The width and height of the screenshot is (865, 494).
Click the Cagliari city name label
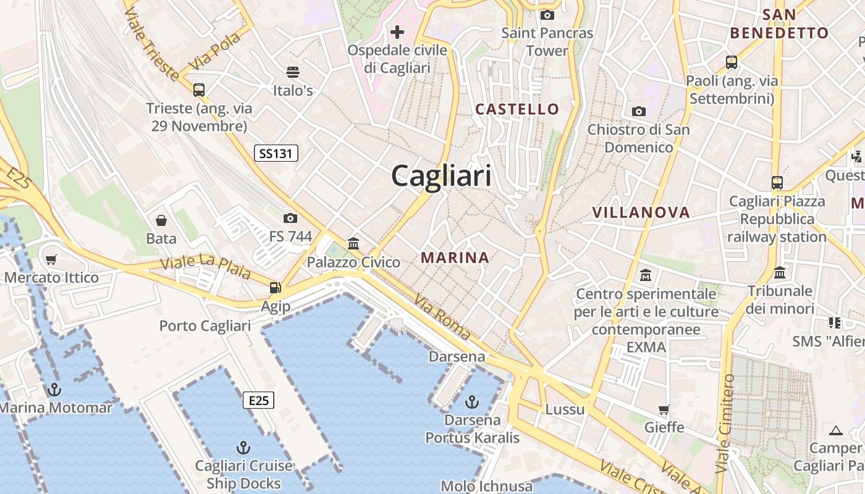(441, 176)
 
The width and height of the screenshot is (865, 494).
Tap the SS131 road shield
(276, 153)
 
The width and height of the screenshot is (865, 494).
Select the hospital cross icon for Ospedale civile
(397, 31)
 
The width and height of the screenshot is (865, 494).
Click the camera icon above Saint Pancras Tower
(547, 15)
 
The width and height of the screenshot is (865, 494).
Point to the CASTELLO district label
(517, 109)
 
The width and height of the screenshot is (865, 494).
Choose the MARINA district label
(455, 257)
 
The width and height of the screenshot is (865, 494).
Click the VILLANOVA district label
(641, 212)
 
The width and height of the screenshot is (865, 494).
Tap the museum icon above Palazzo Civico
(353, 243)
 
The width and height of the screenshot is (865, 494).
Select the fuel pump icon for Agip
(275, 287)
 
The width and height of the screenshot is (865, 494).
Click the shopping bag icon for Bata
(161, 220)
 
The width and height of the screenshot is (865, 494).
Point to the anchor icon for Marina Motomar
(54, 390)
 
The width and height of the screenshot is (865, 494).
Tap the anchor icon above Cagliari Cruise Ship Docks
(243, 448)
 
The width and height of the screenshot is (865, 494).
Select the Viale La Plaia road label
(205, 266)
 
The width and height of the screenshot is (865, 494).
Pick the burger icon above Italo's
(293, 72)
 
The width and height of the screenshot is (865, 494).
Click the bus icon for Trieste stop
(198, 90)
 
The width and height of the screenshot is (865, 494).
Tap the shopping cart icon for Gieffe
(664, 409)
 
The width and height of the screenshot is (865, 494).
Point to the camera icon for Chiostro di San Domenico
(638, 112)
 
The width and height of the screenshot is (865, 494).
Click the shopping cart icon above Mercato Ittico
(51, 260)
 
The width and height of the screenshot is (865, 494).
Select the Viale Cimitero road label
(725, 423)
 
